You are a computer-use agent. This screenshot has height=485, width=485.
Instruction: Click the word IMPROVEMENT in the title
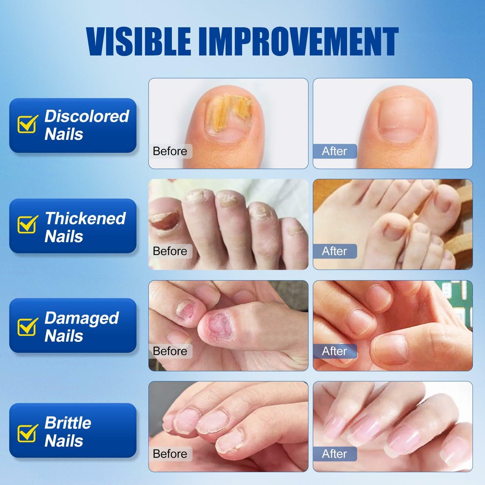[299, 42]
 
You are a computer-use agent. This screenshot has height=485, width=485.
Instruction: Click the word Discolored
[87, 116]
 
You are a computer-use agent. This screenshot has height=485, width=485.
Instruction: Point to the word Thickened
[85, 219]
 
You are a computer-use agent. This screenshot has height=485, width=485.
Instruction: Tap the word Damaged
[82, 318]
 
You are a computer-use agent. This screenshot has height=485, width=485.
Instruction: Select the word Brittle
[68, 423]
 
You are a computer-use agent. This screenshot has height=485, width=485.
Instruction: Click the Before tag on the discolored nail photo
[170, 151]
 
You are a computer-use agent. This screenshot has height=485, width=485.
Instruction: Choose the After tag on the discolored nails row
[334, 151]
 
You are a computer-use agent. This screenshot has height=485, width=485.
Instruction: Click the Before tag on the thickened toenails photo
[170, 251]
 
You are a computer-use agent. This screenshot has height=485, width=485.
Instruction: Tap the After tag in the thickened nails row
[334, 251]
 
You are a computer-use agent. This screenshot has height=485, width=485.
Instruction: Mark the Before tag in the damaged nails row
[170, 351]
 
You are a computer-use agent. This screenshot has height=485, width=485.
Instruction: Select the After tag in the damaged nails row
[334, 351]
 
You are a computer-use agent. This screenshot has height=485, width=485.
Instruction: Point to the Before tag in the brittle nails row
[170, 454]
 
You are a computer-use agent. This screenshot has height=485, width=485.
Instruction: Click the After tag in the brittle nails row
[334, 454]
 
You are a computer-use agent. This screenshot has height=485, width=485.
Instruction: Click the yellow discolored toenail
[228, 116]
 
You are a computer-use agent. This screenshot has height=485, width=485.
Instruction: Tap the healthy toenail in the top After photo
[401, 119]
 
